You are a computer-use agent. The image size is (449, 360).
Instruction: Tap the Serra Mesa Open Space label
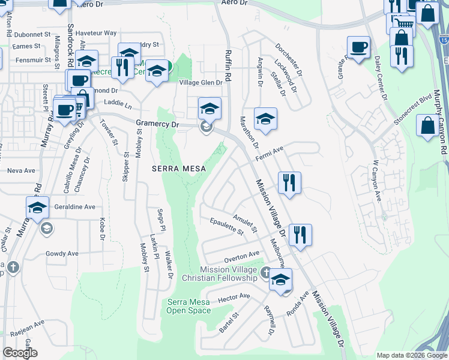[x=188, y=306]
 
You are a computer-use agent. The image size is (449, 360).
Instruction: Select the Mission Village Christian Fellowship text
[x=228, y=274]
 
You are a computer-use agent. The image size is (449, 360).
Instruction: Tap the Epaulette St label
[x=227, y=227]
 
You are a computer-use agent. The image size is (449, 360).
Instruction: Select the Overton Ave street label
[x=241, y=256]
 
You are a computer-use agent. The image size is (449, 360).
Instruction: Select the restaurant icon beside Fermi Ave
[x=289, y=183]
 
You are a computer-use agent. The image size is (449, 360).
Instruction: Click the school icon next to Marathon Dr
[x=265, y=119]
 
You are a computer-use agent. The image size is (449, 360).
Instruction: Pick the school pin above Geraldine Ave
[x=37, y=208]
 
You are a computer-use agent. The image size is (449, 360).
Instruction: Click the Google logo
[x=19, y=353]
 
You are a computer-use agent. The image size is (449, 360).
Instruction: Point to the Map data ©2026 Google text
[x=411, y=355]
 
